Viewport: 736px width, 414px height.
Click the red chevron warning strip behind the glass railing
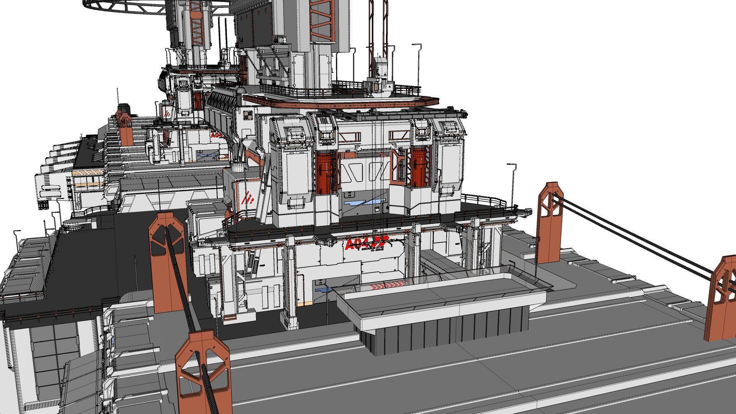387,286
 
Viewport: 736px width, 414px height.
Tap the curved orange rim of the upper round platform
341,102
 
